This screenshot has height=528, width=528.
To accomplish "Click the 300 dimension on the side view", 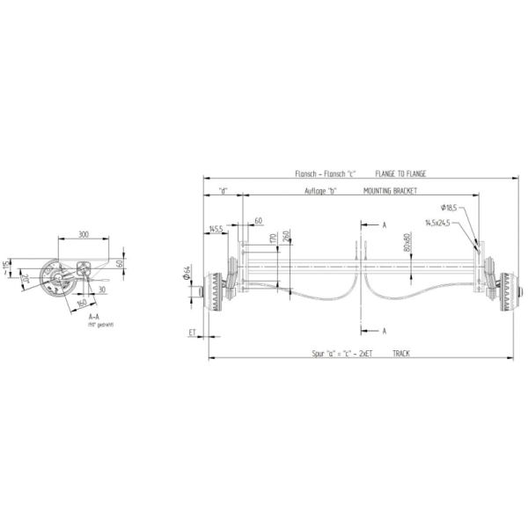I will [83, 235].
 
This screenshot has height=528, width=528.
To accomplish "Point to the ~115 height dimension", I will [6, 264].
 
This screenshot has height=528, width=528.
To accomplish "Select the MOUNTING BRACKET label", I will [389, 190].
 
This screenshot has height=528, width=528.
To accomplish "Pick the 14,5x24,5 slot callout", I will [436, 223].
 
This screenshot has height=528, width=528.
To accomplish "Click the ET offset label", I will [192, 333].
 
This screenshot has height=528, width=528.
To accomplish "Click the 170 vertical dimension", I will [273, 238].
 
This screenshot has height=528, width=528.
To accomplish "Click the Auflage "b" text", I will [320, 190].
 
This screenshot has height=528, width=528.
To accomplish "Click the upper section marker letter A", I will [384, 225].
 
